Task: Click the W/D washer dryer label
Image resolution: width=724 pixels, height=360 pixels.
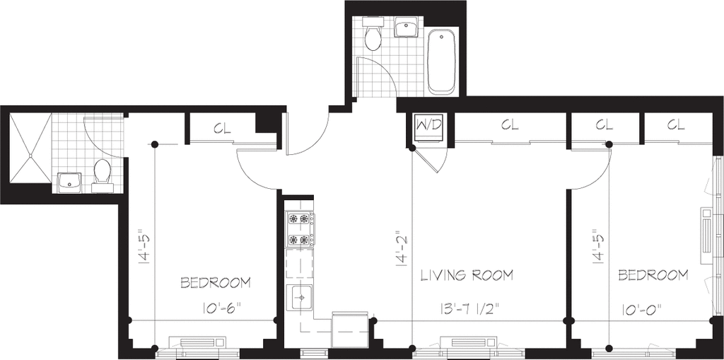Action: (x=428, y=126)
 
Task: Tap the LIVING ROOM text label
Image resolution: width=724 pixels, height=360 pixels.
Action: (x=467, y=274)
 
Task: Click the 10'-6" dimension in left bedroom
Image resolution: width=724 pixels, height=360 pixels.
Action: (x=221, y=308)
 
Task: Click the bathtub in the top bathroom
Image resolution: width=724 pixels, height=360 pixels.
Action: (x=442, y=62)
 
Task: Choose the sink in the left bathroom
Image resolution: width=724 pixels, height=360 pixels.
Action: (x=70, y=182)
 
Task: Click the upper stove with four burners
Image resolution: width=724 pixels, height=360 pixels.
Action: (x=299, y=219)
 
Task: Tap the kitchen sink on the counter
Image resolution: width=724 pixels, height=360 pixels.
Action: (x=300, y=298)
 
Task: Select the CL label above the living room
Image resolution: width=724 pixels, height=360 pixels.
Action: (x=510, y=125)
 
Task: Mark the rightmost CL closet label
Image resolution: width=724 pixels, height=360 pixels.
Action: (x=675, y=125)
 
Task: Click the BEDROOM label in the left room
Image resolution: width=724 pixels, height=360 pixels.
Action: (x=216, y=283)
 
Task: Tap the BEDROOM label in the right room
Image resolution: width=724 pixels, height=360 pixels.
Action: (x=653, y=274)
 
